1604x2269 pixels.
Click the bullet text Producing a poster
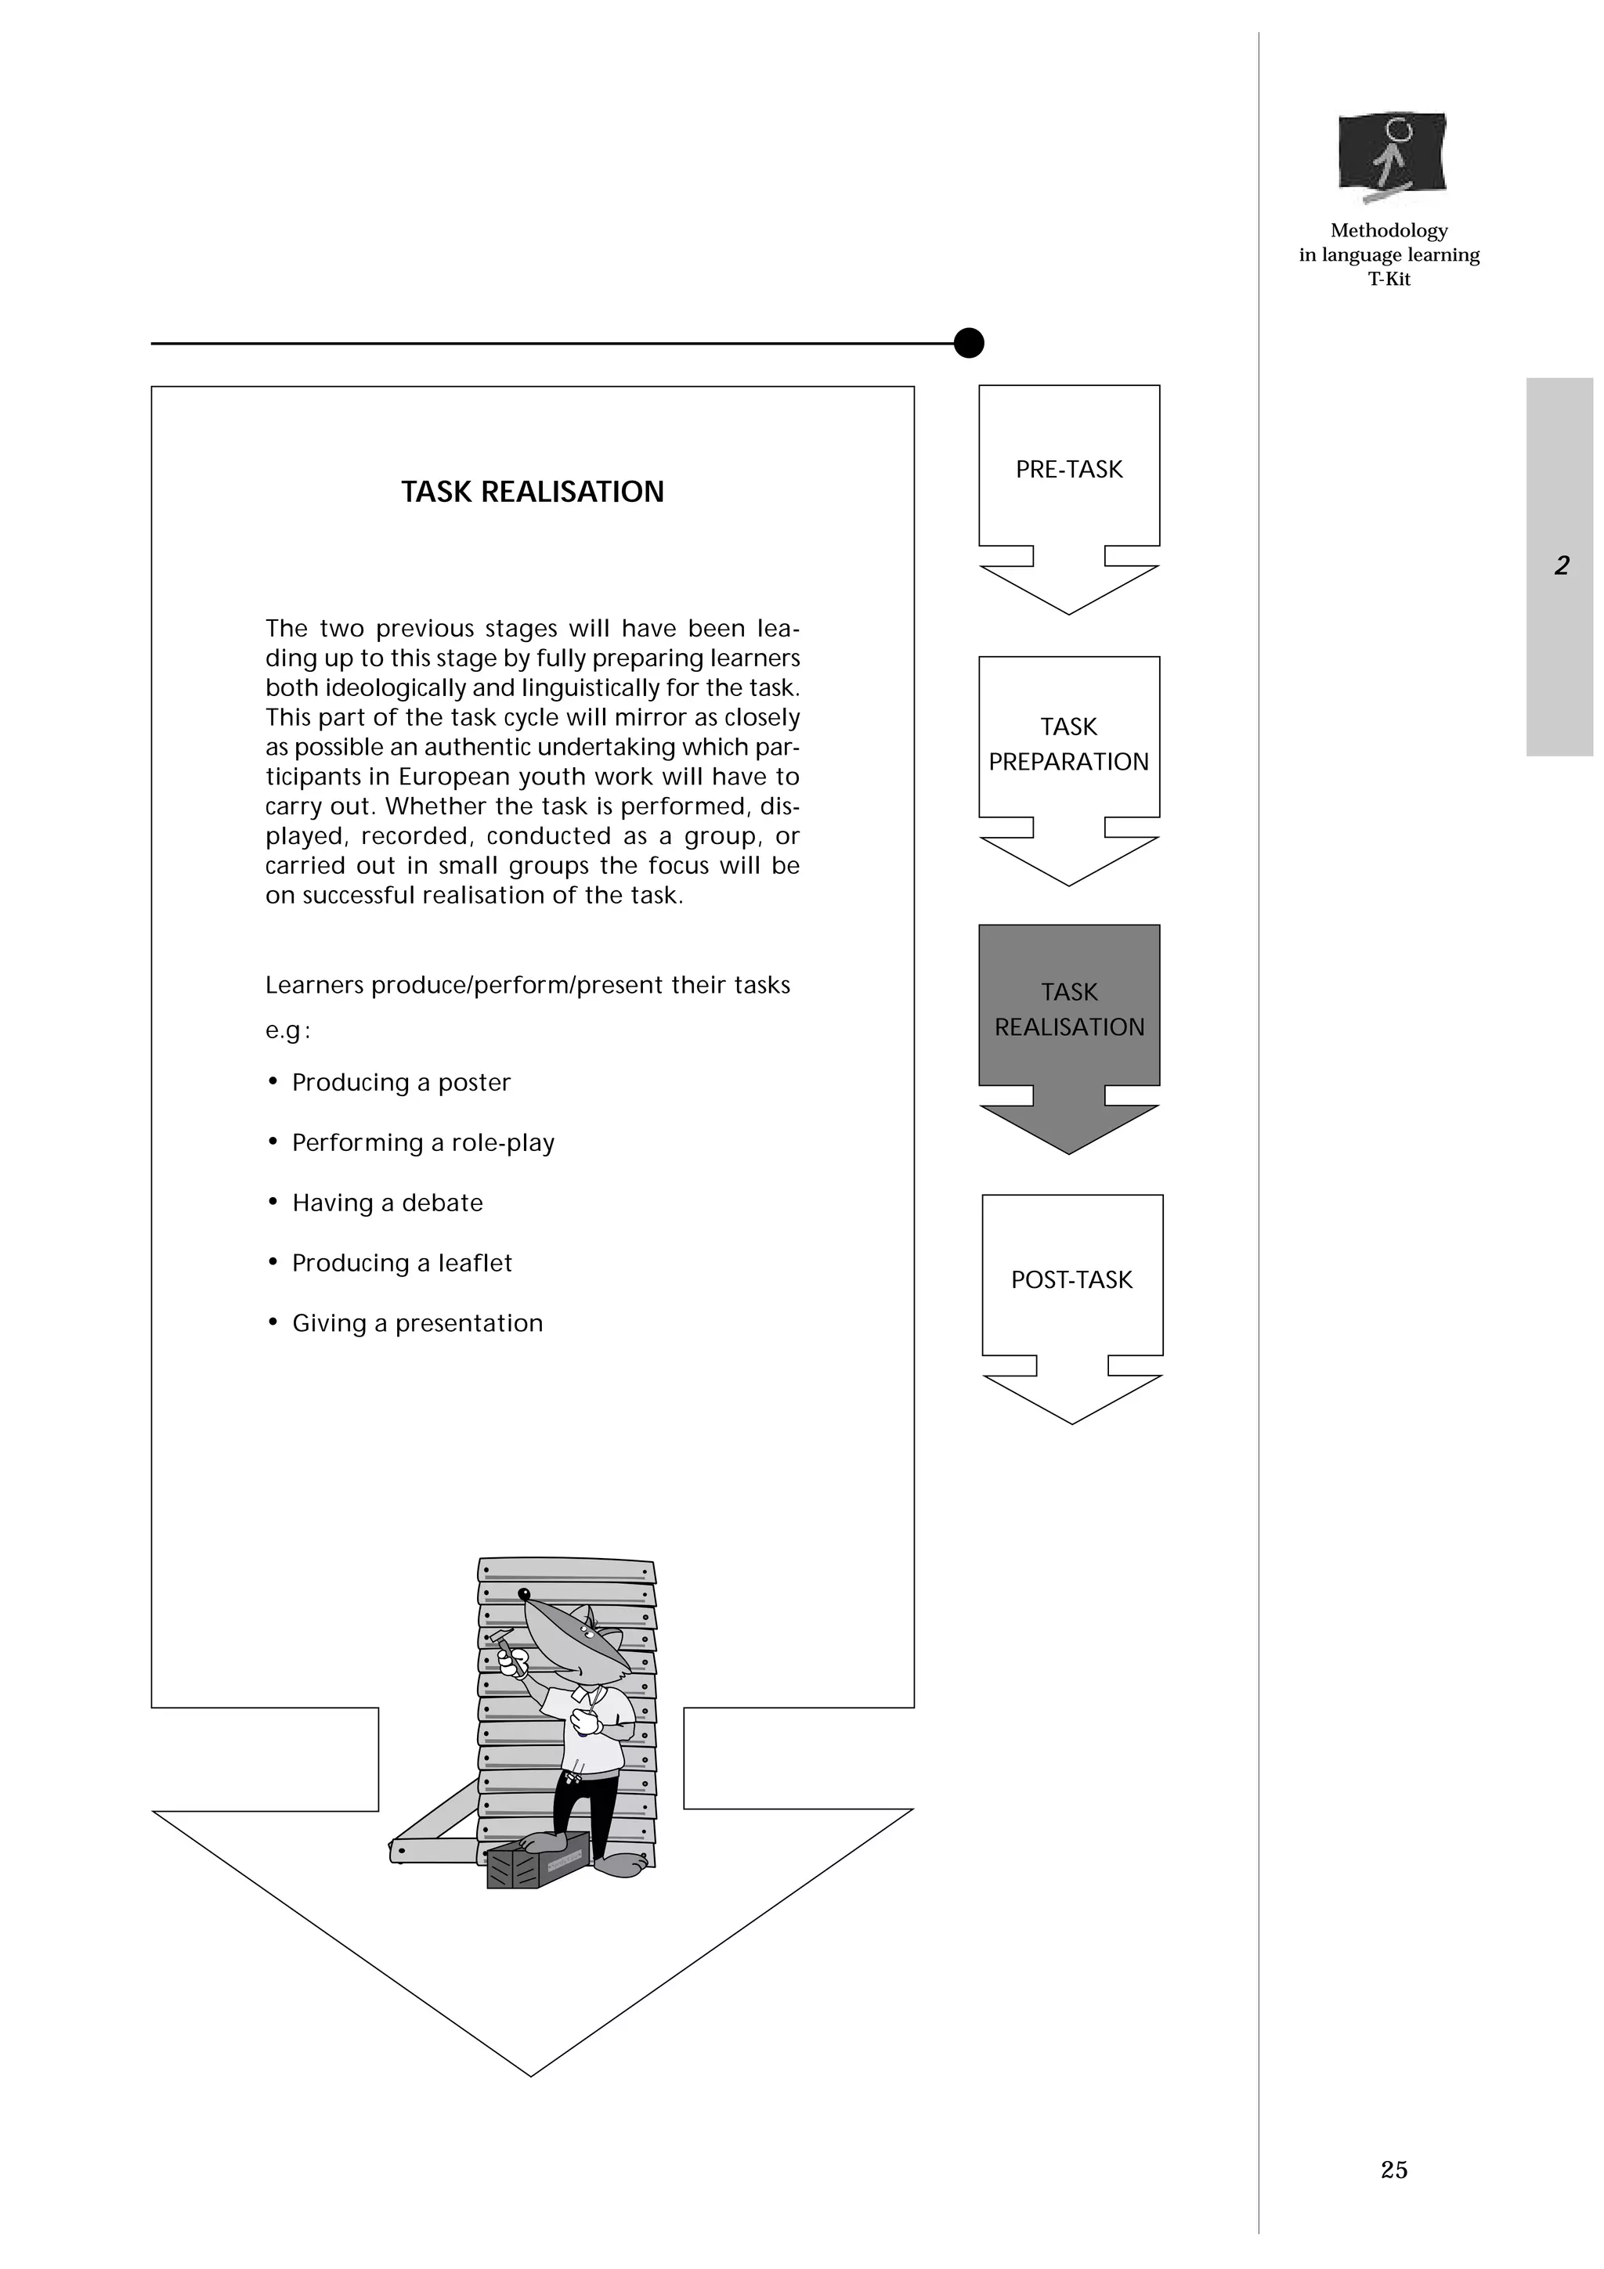click(400, 1082)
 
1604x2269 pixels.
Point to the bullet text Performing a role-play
click(423, 1142)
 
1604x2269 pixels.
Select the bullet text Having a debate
click(388, 1203)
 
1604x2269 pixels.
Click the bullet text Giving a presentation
click(417, 1323)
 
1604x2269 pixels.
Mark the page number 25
click(1393, 2170)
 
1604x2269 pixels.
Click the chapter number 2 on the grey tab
click(1562, 565)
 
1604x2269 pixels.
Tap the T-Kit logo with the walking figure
click(1393, 156)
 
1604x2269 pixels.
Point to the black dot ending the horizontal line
click(969, 343)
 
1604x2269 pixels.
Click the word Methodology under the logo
click(1389, 230)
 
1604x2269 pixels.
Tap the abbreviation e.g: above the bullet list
click(287, 1030)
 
